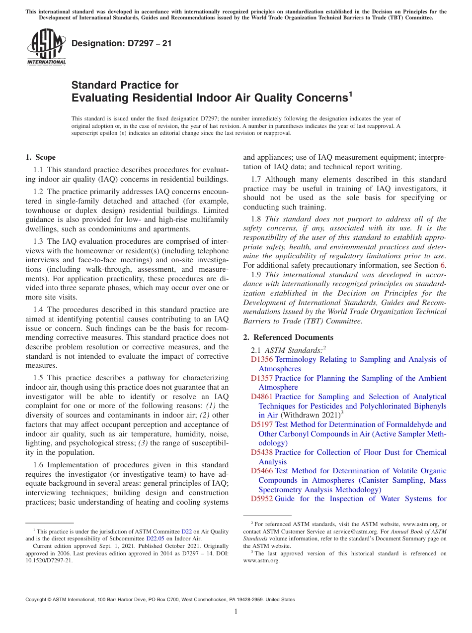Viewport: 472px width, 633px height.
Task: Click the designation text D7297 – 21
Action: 122,43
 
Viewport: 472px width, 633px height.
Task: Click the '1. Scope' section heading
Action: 40,157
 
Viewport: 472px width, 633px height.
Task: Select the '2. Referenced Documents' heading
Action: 288,337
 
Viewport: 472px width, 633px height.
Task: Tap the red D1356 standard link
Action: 262,359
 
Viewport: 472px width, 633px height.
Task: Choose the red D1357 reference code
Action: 262,378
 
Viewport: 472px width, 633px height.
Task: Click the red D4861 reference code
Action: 262,397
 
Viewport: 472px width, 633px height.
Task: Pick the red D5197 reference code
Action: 262,424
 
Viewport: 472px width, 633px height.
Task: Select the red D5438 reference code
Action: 262,452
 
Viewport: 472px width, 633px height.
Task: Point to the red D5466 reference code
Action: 262,471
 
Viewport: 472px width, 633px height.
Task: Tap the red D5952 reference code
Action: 262,499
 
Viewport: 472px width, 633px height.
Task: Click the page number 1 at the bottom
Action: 236,612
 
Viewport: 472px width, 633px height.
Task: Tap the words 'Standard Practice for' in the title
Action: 125,85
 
